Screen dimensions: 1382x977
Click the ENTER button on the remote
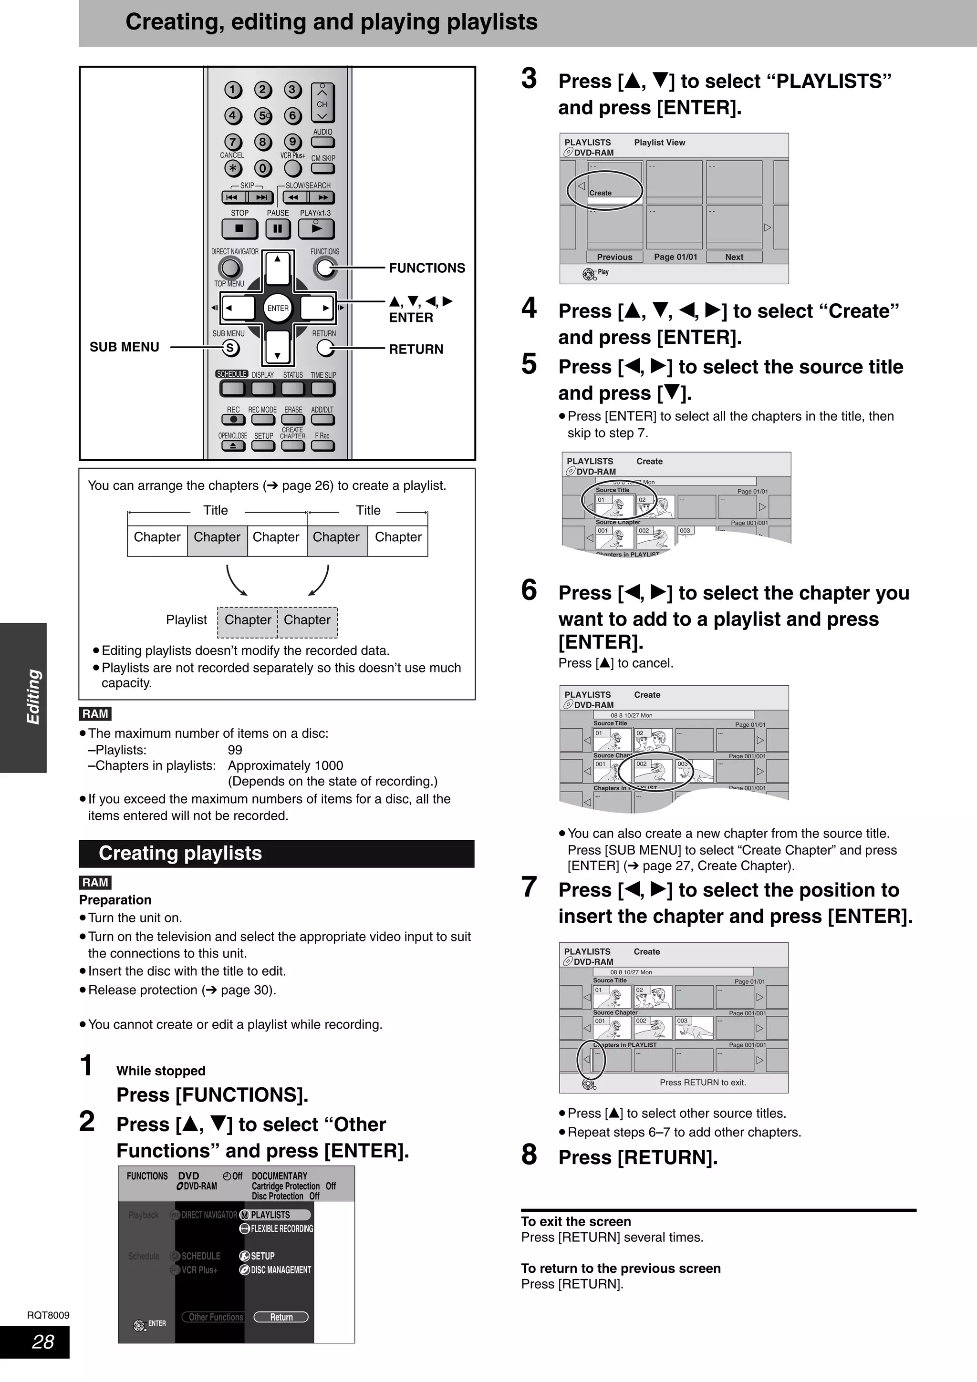pos(278,308)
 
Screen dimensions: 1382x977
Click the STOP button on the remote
pos(239,229)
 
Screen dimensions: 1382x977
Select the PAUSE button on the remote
pos(278,229)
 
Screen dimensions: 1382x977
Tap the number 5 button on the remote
pos(262,115)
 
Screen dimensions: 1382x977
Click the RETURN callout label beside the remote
pos(416,349)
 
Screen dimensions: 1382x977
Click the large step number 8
pos(529,1155)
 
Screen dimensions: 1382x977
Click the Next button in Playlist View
pos(734,257)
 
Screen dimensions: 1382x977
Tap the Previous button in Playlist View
pos(614,257)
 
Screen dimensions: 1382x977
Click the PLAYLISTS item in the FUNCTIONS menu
pos(275,1215)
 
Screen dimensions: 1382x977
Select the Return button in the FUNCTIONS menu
pos(281,1317)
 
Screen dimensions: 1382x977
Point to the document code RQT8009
pos(48,1315)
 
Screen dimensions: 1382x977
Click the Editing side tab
pos(33,697)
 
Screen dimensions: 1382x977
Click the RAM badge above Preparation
pos(95,882)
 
